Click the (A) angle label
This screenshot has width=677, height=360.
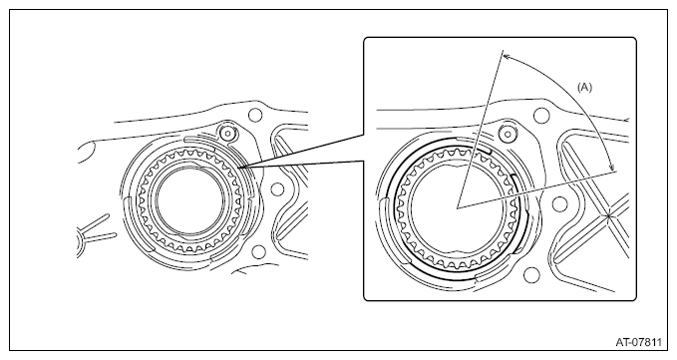click(x=584, y=87)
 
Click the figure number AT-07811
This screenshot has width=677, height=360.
click(x=638, y=342)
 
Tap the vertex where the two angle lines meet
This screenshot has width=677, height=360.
click(x=457, y=208)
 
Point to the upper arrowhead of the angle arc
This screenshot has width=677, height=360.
click(x=507, y=57)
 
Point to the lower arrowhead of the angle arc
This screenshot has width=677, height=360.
click(x=612, y=168)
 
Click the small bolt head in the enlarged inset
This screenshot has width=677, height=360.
click(x=508, y=134)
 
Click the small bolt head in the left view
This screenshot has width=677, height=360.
click(x=225, y=133)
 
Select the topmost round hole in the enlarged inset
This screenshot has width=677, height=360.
click(x=541, y=116)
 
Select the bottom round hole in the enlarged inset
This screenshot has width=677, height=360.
click(x=531, y=275)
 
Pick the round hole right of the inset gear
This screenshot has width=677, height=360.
click(x=559, y=203)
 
